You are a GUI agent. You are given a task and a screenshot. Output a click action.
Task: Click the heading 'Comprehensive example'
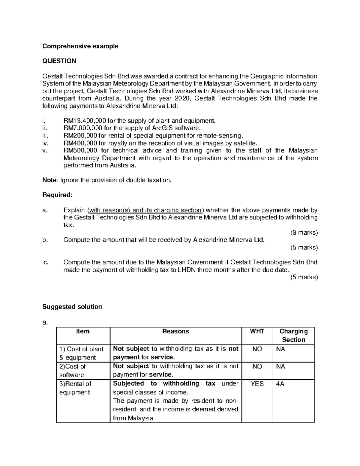(x=80, y=46)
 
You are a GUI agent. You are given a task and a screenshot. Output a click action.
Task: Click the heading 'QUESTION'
(x=59, y=61)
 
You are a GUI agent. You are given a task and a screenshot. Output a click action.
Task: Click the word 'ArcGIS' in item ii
(x=159, y=128)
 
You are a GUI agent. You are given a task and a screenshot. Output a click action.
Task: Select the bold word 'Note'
(x=49, y=180)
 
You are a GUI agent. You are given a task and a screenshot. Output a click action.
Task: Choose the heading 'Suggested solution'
(x=72, y=307)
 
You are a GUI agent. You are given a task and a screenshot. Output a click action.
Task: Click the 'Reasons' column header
(x=175, y=332)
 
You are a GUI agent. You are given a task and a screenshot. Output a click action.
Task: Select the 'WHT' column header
(x=257, y=332)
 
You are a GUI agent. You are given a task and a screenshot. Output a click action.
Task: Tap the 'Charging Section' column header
(x=293, y=335)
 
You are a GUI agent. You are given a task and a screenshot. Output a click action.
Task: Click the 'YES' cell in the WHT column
(x=257, y=384)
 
